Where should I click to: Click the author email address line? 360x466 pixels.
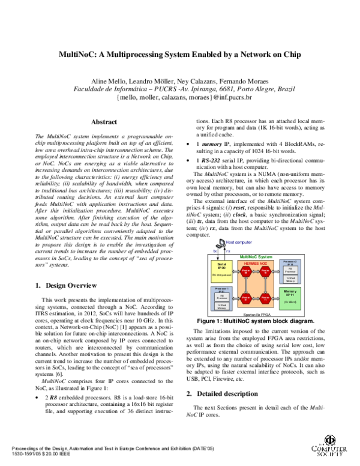click(x=180, y=97)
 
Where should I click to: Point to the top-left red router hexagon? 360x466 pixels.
click(x=246, y=272)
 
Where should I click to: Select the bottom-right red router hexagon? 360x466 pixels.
click(x=265, y=298)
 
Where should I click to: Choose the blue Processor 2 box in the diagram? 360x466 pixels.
click(x=290, y=270)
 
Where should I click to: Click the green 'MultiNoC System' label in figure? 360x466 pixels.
click(x=256, y=256)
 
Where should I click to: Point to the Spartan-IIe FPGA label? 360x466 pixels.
click(x=256, y=313)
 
